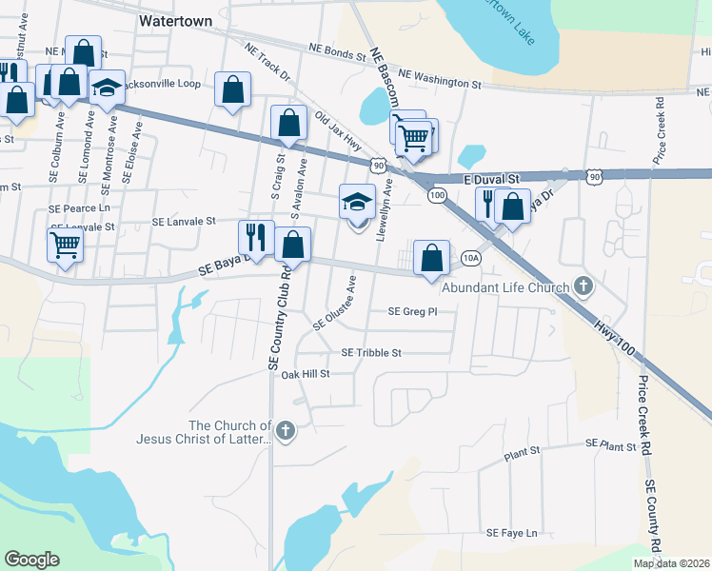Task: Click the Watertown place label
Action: (174, 19)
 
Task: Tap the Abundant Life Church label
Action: (505, 286)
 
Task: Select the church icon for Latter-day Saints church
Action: (285, 432)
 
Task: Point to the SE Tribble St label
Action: (371, 353)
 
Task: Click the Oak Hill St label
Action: (305, 374)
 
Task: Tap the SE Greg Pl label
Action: (412, 311)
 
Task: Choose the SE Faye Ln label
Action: (512, 534)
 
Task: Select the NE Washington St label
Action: (440, 78)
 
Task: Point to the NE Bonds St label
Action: (338, 52)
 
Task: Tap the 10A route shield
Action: (470, 258)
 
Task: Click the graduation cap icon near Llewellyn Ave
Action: (357, 202)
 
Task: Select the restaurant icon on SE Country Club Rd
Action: (256, 237)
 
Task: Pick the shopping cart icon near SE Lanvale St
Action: (65, 244)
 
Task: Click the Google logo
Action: (31, 560)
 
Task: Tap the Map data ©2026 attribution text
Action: (671, 563)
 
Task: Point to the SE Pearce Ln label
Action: (80, 207)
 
